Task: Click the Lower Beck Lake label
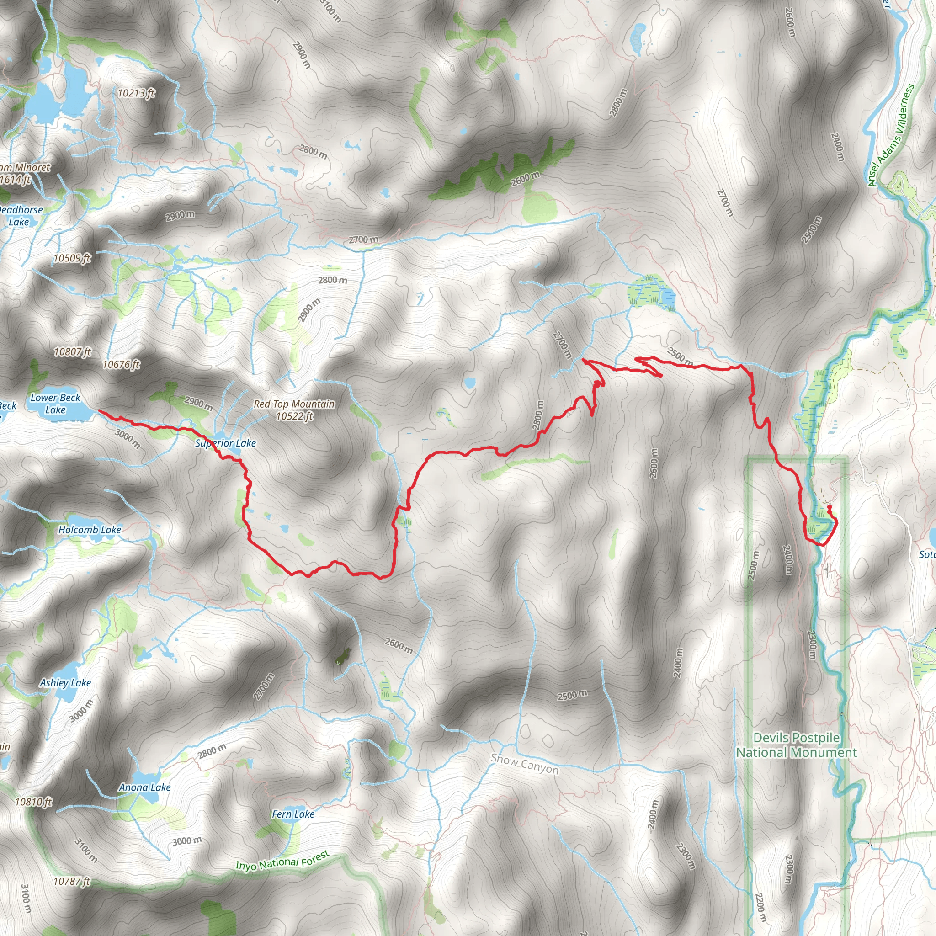(55, 404)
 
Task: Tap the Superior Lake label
(225, 443)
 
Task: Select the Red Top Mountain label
(294, 410)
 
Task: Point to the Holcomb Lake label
(90, 530)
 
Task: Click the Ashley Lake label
(65, 683)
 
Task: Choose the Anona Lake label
(145, 787)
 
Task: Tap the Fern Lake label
(293, 814)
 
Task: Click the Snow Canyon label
(524, 764)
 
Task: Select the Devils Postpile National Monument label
(797, 745)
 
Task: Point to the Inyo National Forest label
(282, 861)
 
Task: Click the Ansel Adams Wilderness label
(891, 136)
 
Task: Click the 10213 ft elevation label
(136, 93)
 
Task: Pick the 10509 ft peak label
(72, 258)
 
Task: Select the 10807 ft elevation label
(73, 352)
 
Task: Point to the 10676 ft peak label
(121, 364)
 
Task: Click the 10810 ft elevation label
(33, 802)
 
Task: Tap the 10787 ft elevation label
(72, 881)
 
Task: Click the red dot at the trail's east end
(829, 507)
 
